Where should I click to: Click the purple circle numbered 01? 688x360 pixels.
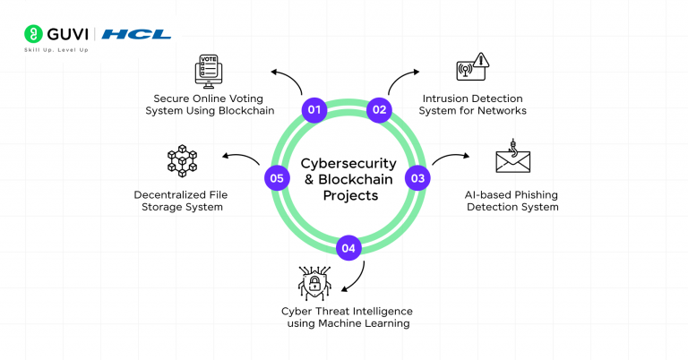coord(314,110)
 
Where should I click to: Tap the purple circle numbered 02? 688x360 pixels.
coord(379,110)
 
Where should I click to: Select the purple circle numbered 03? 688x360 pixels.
coord(417,178)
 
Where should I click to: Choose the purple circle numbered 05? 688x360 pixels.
coord(277,178)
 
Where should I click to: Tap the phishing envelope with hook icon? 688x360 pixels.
coord(513,159)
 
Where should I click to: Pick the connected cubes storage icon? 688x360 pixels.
coord(182,160)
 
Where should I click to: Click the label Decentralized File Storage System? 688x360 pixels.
coord(178,200)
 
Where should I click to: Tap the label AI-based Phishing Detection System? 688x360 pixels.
coord(512,200)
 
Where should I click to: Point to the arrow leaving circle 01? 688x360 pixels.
coord(288,79)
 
